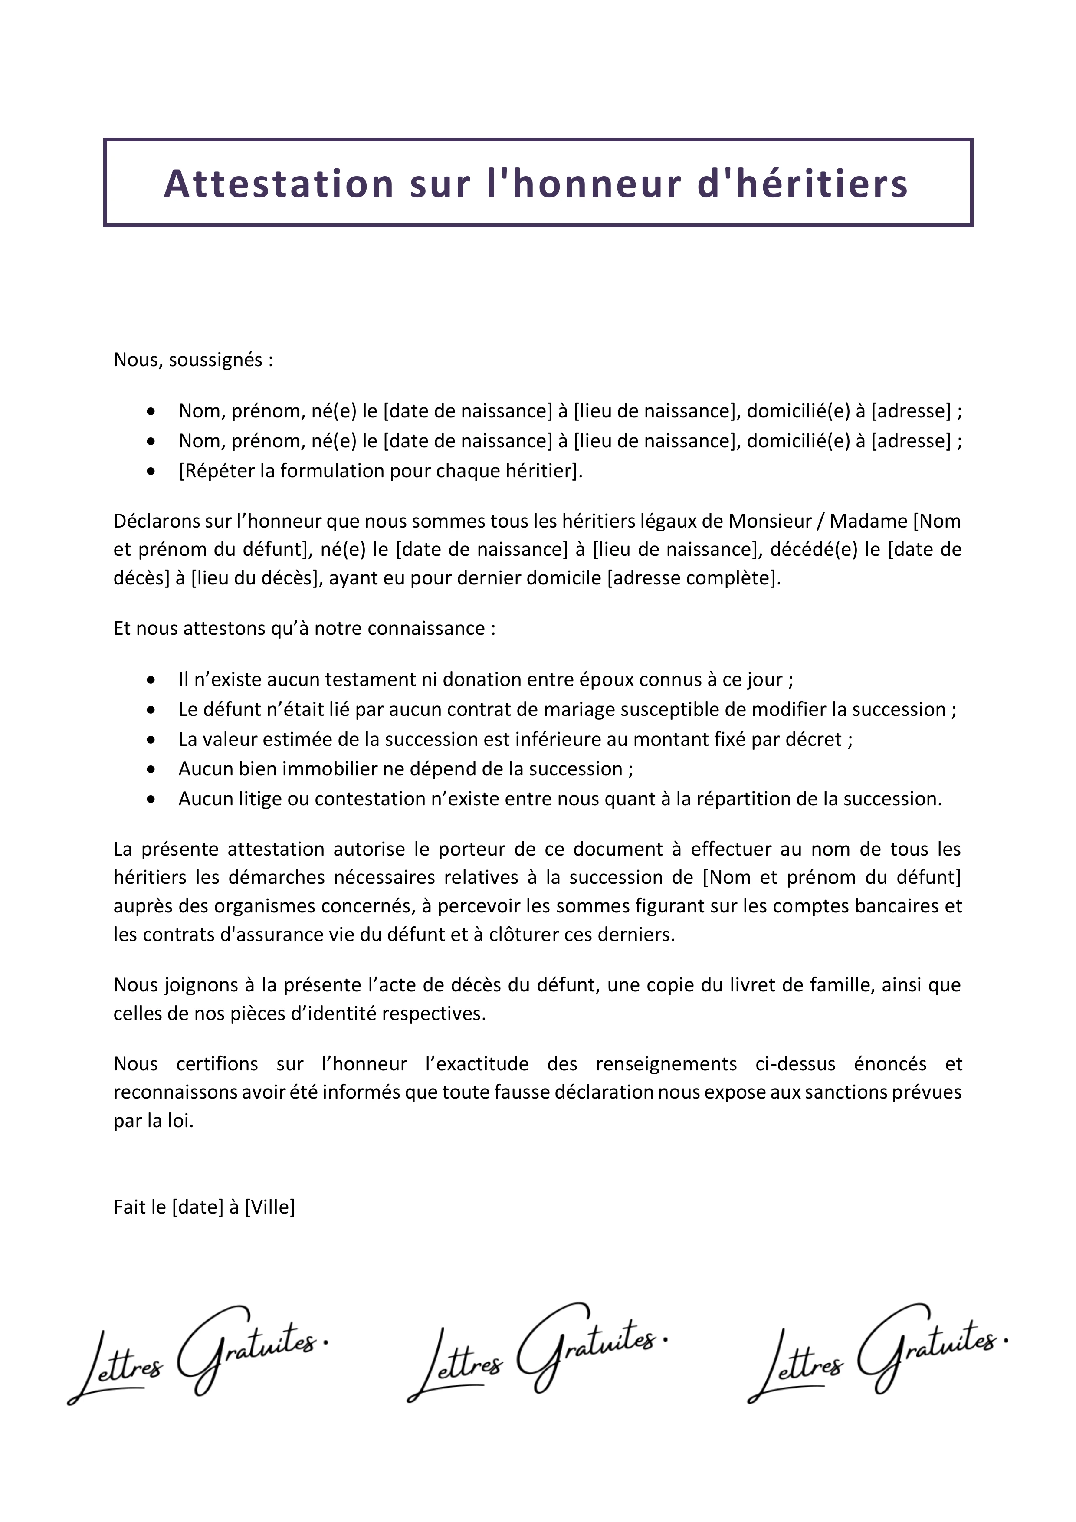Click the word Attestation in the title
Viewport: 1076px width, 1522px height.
coord(279,184)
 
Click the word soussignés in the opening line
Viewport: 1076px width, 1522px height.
coord(216,360)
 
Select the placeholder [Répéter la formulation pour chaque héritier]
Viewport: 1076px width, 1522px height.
coord(381,471)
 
